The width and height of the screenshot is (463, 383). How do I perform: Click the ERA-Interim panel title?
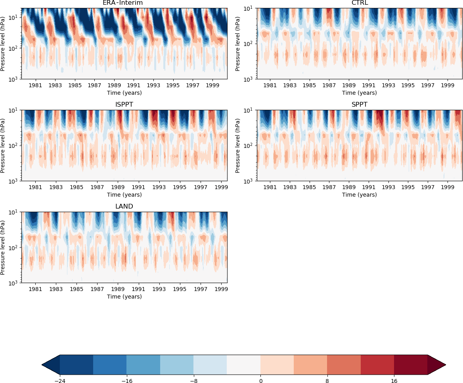tap(122, 3)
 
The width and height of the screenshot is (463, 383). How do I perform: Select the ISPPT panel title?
tap(124, 105)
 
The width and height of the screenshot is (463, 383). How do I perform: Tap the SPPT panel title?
tap(360, 105)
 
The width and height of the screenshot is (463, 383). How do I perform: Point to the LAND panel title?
tap(124, 207)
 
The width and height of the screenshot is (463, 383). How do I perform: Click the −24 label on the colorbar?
tap(60, 381)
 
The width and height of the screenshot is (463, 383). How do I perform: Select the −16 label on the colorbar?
tap(126, 381)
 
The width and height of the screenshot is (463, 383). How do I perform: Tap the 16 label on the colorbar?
tap(394, 381)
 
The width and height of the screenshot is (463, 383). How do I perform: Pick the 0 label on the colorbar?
tap(260, 381)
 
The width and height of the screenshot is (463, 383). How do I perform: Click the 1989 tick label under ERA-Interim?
tap(114, 86)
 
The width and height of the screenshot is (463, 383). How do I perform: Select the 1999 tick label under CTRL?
tap(448, 86)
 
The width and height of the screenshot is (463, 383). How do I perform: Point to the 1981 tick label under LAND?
tap(36, 289)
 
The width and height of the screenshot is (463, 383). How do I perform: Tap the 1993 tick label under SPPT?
tap(388, 188)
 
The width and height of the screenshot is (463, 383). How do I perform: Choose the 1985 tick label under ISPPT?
tap(77, 188)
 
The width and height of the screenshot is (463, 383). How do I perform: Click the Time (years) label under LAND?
tap(124, 297)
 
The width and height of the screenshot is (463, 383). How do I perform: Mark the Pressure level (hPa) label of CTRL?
tap(237, 44)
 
